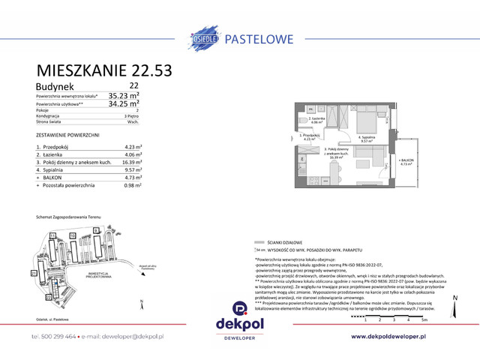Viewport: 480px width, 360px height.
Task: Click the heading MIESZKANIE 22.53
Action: (x=104, y=70)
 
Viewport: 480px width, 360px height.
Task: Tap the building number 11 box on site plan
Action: (x=54, y=235)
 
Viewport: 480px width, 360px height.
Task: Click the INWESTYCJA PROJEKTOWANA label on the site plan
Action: (x=98, y=275)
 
